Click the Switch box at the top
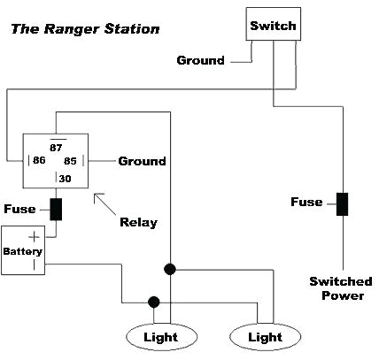coord(272,26)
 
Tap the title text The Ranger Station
coord(85,29)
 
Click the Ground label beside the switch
coord(200,61)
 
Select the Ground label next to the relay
coord(142,161)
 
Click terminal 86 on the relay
coord(40,162)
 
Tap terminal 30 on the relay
coord(64,179)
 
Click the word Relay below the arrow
coord(138,221)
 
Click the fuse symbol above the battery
coord(56,210)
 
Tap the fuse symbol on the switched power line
coord(343,203)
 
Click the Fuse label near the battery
coord(20,210)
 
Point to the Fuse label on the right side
coord(306,203)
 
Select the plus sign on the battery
coord(35,237)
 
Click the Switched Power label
coord(341,288)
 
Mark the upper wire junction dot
coord(168,267)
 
